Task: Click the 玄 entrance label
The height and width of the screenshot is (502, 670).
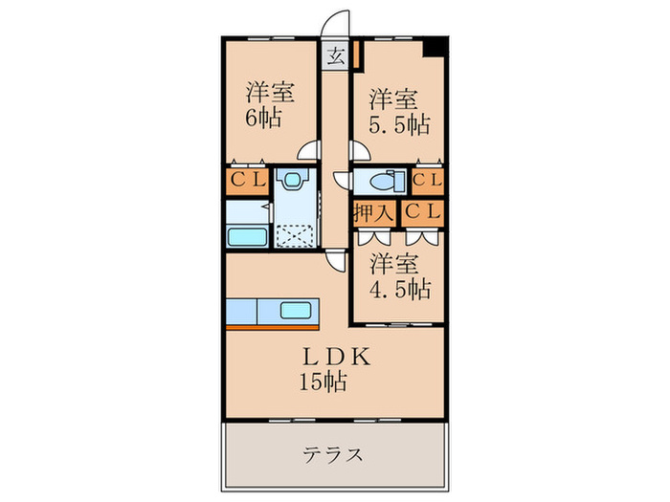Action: pos(336,55)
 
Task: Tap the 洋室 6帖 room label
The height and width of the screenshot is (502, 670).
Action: pos(269,107)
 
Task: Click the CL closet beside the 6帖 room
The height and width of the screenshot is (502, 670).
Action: pos(247,182)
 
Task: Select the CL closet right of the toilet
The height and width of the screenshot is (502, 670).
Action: pos(427,180)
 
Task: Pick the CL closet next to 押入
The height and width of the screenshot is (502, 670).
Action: pos(422,212)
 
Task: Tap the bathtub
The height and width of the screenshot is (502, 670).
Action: pos(247,235)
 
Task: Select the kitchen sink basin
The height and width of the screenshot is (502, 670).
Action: pos(292,311)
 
